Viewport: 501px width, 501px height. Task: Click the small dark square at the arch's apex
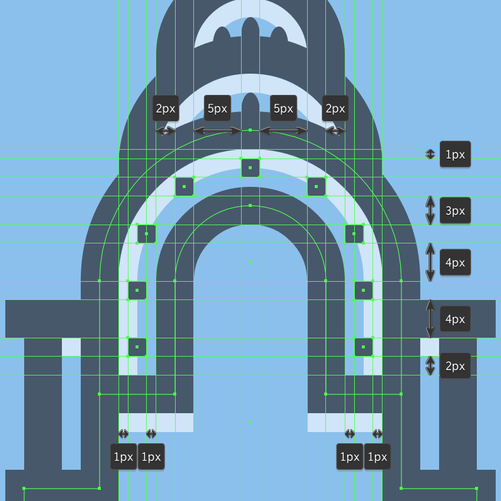point(250,168)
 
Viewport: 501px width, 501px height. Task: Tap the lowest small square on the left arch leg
point(137,347)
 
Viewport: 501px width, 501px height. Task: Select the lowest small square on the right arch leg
point(363,347)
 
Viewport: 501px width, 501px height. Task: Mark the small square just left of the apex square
point(184,187)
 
